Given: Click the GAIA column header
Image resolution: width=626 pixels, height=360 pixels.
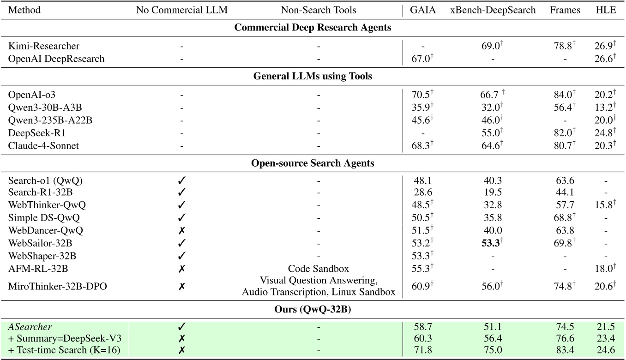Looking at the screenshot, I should click(422, 10).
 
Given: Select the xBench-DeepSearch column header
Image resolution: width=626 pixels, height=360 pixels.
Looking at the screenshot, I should click(493, 10).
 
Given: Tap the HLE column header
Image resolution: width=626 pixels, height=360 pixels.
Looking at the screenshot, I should click(606, 10).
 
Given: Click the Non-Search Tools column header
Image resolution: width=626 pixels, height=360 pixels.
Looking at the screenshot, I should click(318, 10).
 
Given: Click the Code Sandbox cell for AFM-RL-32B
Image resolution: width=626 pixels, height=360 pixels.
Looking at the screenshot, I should click(318, 269).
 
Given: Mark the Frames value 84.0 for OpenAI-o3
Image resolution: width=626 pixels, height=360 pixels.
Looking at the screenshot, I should click(563, 95).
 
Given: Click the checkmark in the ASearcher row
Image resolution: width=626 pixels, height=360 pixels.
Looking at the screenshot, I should click(181, 327).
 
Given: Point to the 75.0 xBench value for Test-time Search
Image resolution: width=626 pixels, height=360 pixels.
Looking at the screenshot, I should click(492, 350).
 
